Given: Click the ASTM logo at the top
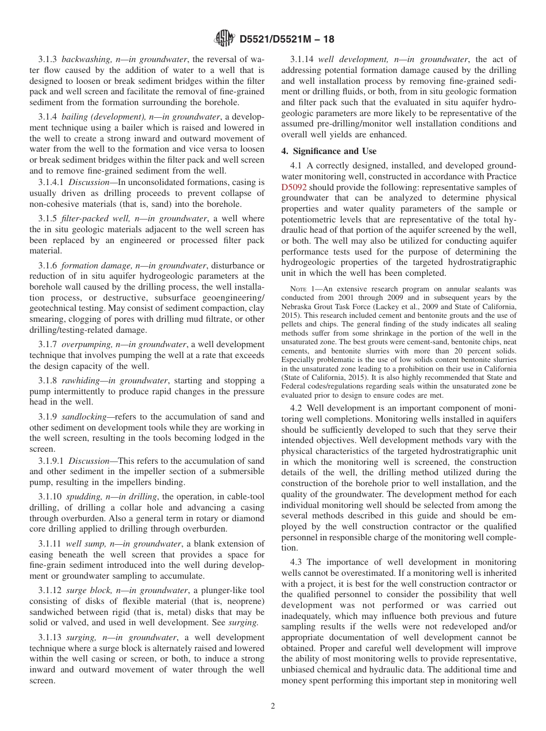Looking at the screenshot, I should pos(223,39).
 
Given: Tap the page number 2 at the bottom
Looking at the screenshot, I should pos(273,706).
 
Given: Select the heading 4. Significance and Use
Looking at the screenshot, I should pos(329,151).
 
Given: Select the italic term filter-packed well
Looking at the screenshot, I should pos(95,219).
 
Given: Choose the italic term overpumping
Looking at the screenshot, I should pos(87,344).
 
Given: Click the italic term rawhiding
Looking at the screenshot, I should pos(82,380).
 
